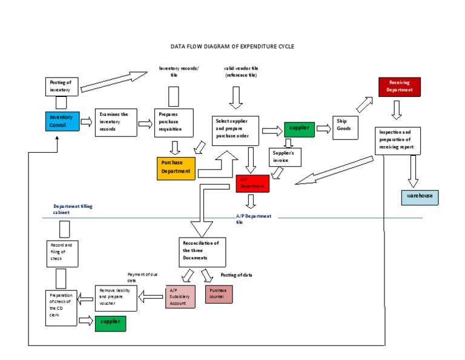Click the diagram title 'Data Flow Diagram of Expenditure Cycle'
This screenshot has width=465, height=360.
(232, 46)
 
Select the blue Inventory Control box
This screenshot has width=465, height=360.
(61, 121)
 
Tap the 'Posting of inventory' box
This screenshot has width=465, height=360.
(61, 87)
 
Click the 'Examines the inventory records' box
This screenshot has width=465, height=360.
(116, 123)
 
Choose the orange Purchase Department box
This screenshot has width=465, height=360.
(176, 167)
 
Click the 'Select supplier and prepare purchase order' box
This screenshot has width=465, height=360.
(236, 130)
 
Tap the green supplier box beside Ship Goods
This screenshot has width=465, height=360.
(299, 128)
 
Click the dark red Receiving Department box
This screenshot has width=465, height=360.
(399, 87)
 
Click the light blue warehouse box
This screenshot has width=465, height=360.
(420, 197)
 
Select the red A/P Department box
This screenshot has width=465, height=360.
(252, 183)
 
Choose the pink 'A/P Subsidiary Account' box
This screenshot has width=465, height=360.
(180, 296)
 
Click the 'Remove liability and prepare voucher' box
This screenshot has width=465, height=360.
(116, 298)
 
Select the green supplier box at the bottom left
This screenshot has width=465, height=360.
(110, 323)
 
